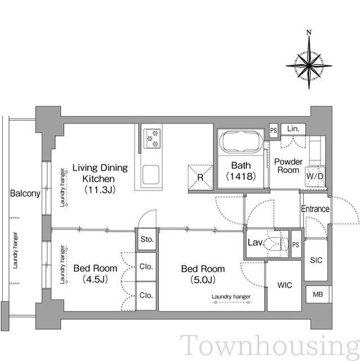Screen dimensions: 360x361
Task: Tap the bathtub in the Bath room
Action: click(x=241, y=142)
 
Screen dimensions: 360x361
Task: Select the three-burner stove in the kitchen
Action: click(x=152, y=138)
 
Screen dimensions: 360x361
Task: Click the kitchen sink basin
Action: click(x=150, y=174)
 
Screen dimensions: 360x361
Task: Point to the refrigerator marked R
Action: click(x=200, y=177)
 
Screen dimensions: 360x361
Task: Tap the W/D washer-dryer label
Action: click(x=315, y=176)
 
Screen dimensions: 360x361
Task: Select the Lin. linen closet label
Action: click(x=293, y=129)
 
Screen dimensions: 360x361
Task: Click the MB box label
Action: click(x=318, y=294)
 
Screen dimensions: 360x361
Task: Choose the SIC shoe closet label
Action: click(x=316, y=260)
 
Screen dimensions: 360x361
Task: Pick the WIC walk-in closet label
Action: click(x=285, y=285)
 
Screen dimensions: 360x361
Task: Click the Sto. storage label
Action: click(x=146, y=239)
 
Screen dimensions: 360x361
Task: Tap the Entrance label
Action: click(x=315, y=209)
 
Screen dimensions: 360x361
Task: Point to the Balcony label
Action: click(x=25, y=193)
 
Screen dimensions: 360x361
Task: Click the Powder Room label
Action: click(x=288, y=166)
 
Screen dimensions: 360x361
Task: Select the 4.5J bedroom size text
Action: click(x=95, y=279)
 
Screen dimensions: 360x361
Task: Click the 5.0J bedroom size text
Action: click(x=203, y=280)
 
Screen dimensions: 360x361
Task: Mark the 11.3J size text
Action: click(x=100, y=190)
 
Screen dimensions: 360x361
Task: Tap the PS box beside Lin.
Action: click(x=273, y=130)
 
